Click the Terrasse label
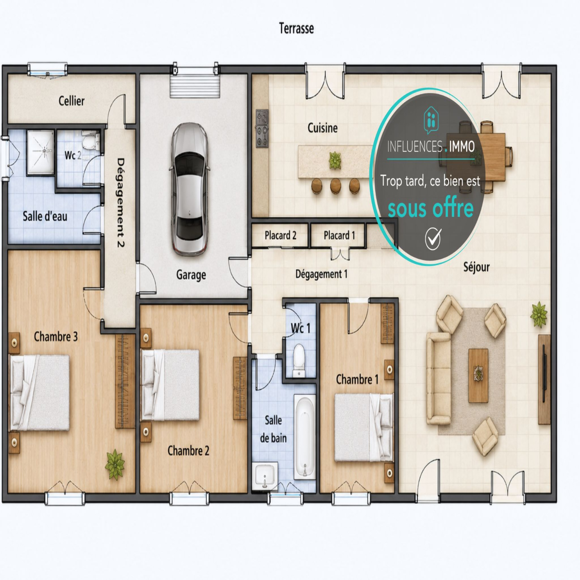(296, 28)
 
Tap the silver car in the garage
(190, 189)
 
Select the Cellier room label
(71, 101)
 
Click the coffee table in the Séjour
(478, 375)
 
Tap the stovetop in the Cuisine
(262, 128)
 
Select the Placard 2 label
(280, 236)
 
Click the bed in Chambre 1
(364, 427)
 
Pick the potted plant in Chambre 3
(115, 464)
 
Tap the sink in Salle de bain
(265, 476)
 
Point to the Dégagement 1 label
(321, 274)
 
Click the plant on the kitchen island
(335, 161)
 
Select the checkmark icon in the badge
(433, 239)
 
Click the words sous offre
(431, 208)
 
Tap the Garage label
(191, 275)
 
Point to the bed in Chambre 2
(170, 385)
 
